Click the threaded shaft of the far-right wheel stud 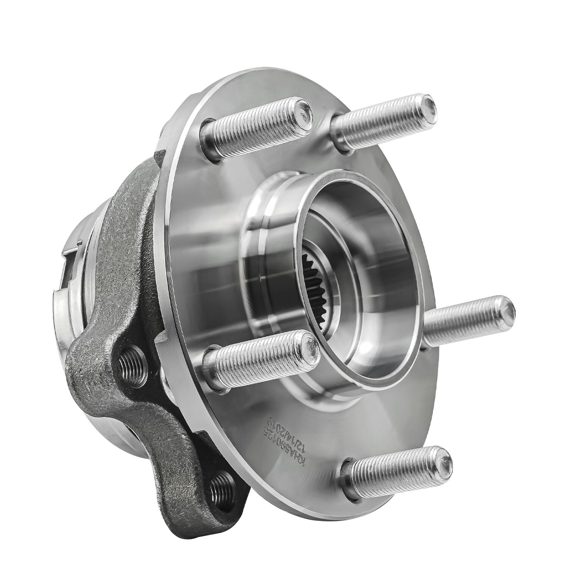[x=466, y=322]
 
